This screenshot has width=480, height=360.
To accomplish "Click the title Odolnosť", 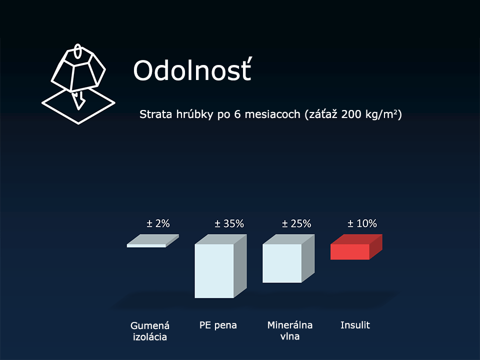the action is (192, 70).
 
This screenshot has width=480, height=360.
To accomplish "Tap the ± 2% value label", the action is (158, 223).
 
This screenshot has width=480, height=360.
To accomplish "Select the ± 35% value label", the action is (229, 223).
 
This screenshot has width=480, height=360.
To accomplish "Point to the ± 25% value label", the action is (296, 223).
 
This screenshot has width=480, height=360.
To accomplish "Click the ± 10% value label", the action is (362, 223).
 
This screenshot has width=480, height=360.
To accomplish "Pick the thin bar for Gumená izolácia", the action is (153, 241).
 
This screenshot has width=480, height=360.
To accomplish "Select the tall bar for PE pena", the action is (220, 266).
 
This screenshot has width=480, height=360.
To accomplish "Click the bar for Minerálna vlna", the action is (288, 258).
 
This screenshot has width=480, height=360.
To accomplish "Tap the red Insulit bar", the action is (356, 247).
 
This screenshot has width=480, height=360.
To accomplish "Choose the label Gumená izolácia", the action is (150, 331).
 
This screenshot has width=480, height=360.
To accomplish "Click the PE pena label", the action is (218, 325).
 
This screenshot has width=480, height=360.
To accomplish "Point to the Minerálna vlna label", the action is (290, 330).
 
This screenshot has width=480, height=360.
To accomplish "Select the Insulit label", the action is (355, 325).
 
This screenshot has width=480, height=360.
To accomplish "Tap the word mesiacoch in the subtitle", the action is (272, 114).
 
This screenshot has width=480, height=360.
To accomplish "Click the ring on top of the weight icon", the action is (78, 51).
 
